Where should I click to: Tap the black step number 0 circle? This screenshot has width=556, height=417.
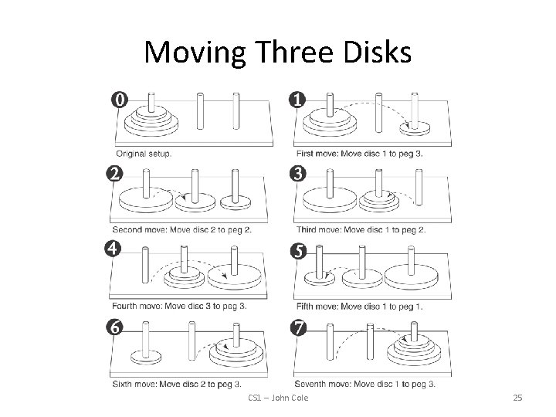(120, 100)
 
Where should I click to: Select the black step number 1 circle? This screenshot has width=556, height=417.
(297, 100)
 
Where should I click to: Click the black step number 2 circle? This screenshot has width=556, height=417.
(116, 174)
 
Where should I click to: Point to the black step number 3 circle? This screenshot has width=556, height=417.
(298, 174)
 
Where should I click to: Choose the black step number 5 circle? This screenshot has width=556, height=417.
(297, 251)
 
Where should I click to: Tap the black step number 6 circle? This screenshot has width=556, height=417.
(114, 327)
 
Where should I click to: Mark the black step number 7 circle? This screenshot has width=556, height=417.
(298, 327)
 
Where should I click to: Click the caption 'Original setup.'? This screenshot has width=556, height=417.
(144, 153)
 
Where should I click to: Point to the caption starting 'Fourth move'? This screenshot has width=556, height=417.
(179, 306)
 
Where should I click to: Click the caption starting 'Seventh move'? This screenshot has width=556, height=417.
(364, 384)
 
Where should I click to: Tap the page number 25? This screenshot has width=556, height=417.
(517, 398)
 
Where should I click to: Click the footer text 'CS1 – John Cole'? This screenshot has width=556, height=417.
(278, 398)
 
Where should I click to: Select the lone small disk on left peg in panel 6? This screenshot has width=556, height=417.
(145, 356)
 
